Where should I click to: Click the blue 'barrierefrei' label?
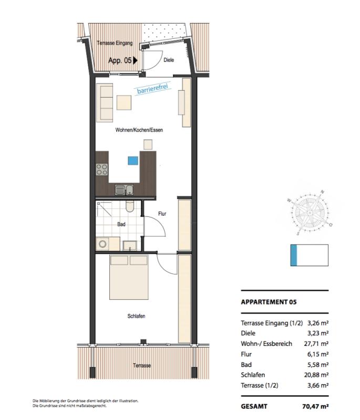[x=152, y=88]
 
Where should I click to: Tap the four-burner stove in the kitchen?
[x=102, y=170]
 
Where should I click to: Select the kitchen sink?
[x=125, y=190]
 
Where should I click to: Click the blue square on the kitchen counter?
[x=133, y=161]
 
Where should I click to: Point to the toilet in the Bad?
[x=130, y=206]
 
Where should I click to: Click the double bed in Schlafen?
[x=129, y=277]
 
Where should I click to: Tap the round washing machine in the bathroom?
[x=102, y=244]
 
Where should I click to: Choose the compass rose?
[x=310, y=213]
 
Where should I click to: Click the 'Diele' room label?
[x=169, y=60]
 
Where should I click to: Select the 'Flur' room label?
[x=162, y=214]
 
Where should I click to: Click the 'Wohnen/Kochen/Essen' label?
[x=139, y=130]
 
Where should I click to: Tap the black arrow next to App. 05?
[x=136, y=60]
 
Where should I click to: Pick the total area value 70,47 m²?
[x=315, y=406]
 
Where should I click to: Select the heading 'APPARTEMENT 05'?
[x=269, y=302]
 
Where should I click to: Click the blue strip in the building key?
[x=294, y=255]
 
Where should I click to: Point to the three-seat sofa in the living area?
[x=105, y=102]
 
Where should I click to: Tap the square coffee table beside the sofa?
[x=124, y=102]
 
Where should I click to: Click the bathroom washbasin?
[x=130, y=246]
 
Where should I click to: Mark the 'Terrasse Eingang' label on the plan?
[x=115, y=43]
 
